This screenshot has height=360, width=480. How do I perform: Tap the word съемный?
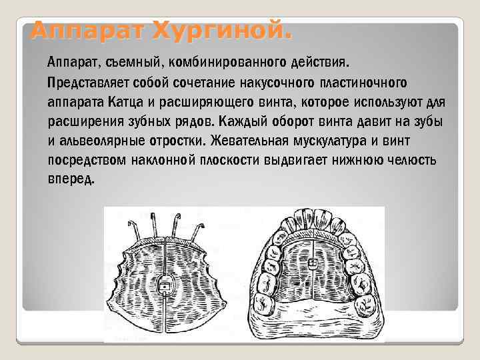coord(131,63)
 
